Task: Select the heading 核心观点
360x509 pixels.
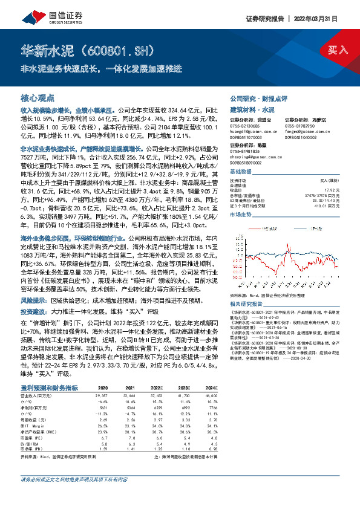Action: (x=38, y=97)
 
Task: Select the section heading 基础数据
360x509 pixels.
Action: (x=241, y=172)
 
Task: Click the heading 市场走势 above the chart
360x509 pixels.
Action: (x=241, y=214)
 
